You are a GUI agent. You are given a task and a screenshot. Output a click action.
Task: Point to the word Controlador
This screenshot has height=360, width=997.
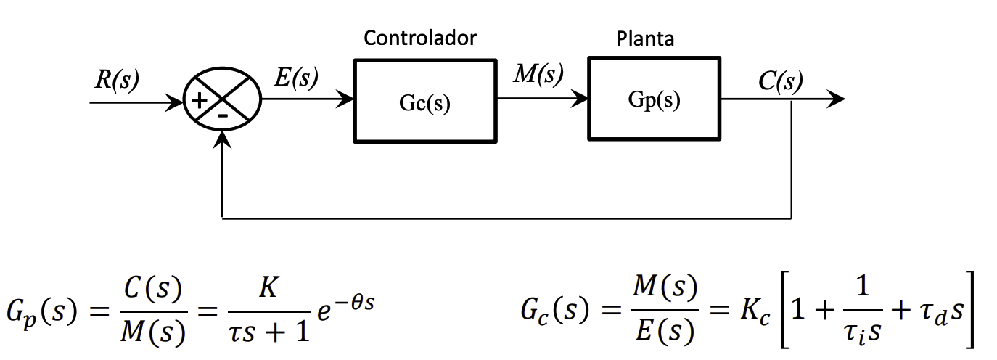pos(420,38)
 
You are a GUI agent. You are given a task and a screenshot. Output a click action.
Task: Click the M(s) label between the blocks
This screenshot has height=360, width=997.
pos(538,75)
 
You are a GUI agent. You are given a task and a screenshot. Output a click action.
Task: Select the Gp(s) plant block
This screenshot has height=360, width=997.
pos(655,99)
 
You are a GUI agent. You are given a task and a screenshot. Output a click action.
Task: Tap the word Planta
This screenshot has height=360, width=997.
pos(645,38)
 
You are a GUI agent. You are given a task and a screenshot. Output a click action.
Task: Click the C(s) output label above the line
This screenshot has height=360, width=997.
pos(780,81)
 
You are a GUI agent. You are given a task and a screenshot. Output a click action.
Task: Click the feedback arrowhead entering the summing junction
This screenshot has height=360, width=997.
pos(221,142)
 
